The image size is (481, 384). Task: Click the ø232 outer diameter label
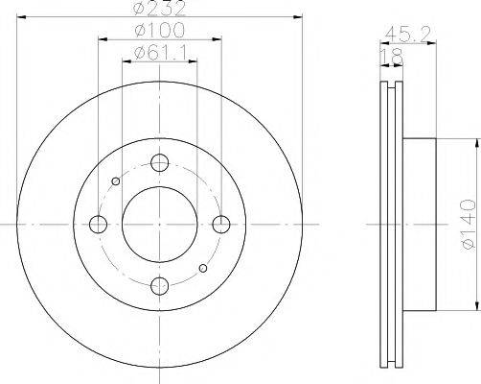click(x=159, y=11)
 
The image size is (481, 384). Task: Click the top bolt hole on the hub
click(x=159, y=164)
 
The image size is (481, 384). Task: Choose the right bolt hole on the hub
click(x=220, y=225)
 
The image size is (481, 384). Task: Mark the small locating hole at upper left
click(x=116, y=181)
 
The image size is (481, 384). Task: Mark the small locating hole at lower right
click(x=201, y=268)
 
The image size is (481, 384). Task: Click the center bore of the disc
click(x=159, y=225)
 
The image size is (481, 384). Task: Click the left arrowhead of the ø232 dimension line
click(x=21, y=18)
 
